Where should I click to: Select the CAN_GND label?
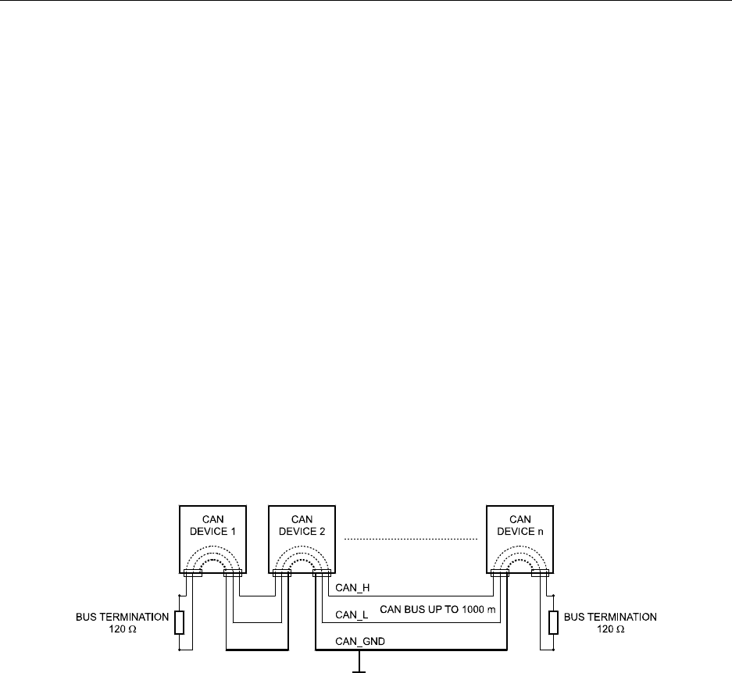pyautogui.click(x=352, y=641)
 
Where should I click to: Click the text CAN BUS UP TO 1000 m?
pyautogui.click(x=438, y=609)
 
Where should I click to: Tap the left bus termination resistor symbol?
pyautogui.click(x=180, y=622)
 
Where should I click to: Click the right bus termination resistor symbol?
pyautogui.click(x=554, y=622)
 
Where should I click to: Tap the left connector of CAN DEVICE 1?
pyautogui.click(x=192, y=574)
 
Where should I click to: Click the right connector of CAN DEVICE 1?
pyautogui.click(x=233, y=574)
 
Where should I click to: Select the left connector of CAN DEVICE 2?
pyautogui.click(x=281, y=574)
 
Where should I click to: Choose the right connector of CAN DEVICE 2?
pyautogui.click(x=321, y=574)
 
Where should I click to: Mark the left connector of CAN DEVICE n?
pyautogui.click(x=499, y=574)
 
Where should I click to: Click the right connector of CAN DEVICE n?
pyautogui.click(x=540, y=574)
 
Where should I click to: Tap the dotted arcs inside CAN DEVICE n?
pyautogui.click(x=520, y=558)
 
